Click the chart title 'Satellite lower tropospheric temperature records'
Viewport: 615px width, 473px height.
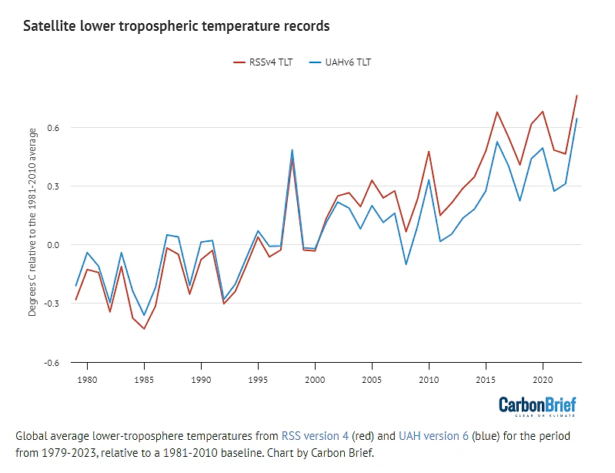(176, 26)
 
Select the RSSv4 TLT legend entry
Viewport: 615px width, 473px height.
(262, 62)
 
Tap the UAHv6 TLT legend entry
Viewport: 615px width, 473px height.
(339, 62)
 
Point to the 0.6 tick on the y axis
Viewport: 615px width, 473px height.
(53, 128)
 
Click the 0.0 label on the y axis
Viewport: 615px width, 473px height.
(53, 245)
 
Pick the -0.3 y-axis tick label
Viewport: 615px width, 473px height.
(52, 304)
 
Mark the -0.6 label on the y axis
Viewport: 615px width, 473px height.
(52, 363)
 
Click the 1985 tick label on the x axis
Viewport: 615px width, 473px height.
(144, 380)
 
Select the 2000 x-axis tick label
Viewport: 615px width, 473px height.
(315, 380)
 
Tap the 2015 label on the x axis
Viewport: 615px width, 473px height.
(486, 380)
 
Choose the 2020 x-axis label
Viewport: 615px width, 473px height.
(543, 380)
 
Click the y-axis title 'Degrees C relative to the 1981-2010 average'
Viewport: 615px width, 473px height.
(32, 222)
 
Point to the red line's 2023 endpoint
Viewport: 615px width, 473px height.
(577, 96)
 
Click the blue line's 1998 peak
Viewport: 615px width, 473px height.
(292, 149)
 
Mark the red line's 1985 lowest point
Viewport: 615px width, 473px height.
(144, 329)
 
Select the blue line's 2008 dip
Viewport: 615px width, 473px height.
(406, 264)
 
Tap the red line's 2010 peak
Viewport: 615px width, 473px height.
(429, 151)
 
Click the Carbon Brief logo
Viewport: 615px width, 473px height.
(537, 406)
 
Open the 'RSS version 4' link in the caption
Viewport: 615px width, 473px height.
(315, 436)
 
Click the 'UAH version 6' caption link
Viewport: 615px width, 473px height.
(433, 436)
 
